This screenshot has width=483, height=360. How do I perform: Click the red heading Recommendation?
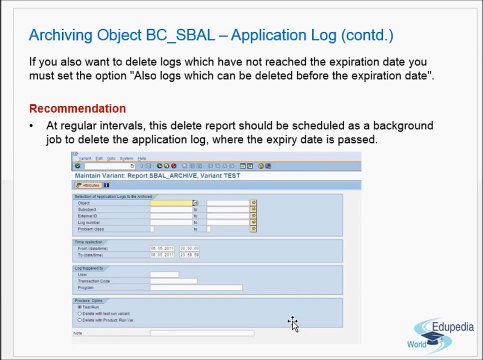click(x=77, y=108)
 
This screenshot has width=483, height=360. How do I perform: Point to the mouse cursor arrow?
click(x=292, y=323)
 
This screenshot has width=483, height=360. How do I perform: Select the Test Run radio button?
click(x=79, y=307)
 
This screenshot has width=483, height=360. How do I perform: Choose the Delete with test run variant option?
click(x=79, y=313)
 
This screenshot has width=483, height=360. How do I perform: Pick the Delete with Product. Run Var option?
click(x=79, y=319)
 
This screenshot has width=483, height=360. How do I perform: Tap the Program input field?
click(x=195, y=287)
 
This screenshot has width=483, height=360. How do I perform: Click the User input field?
click(x=164, y=275)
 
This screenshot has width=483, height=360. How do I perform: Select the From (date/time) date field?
click(x=162, y=248)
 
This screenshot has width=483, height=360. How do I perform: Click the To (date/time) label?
click(x=94, y=254)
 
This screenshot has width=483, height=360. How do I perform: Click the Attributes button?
click(x=88, y=185)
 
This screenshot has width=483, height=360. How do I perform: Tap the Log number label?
click(x=89, y=222)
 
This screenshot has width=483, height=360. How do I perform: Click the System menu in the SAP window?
click(x=125, y=158)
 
